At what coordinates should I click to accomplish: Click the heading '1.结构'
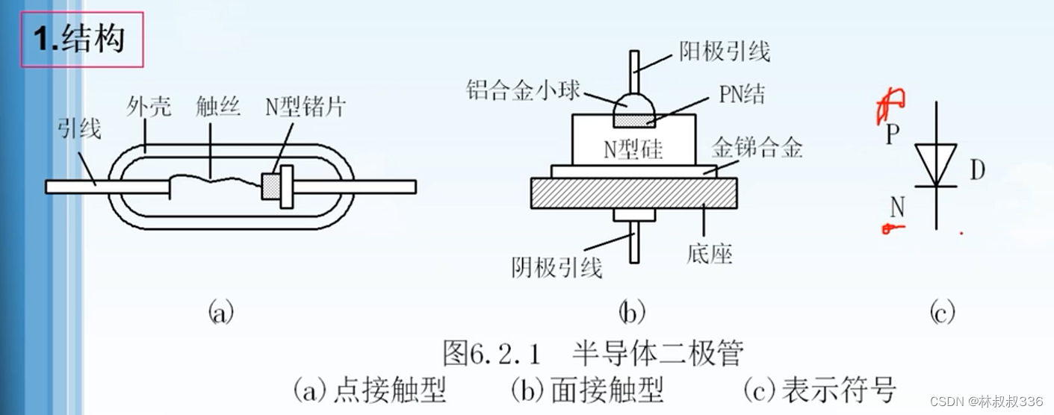point(78,38)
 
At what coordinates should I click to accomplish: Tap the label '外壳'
point(149,107)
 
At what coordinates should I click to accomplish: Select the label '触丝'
point(217,107)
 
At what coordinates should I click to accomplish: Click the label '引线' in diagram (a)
point(78,130)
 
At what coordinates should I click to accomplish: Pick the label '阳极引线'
point(724,51)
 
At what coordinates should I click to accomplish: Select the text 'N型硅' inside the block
point(633,149)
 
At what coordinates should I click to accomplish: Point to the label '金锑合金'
point(757,148)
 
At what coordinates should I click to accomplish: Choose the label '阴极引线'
point(557,266)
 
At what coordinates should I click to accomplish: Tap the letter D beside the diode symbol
point(977,170)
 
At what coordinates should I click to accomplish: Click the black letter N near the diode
point(896,207)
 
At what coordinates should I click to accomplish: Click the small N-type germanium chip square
point(270,186)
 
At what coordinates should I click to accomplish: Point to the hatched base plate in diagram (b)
point(633,193)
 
